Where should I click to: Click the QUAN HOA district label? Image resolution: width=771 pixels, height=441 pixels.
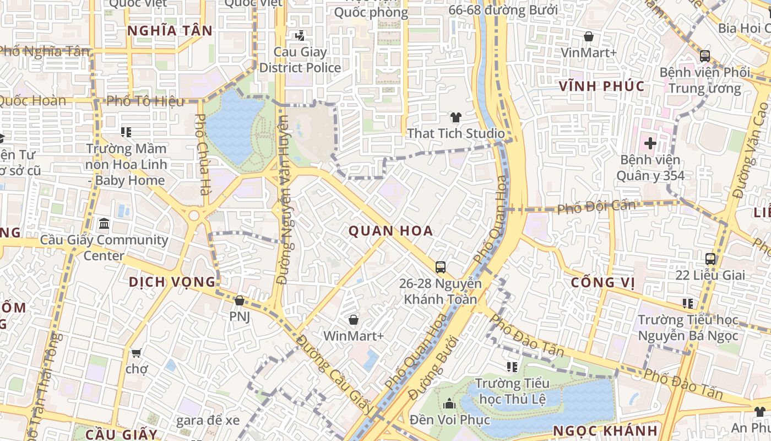(x=390, y=231)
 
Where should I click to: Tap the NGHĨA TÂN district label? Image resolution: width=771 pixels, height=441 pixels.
(x=170, y=31)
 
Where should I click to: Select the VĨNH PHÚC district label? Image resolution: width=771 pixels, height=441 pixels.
(x=601, y=87)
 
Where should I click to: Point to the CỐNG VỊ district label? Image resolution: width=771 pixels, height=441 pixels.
(x=602, y=283)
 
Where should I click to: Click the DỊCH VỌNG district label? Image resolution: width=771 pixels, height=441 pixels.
(x=172, y=282)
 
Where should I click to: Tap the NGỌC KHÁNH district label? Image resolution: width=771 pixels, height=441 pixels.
(x=605, y=431)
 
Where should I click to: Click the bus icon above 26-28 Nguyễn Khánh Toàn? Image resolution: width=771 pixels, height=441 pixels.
(x=440, y=267)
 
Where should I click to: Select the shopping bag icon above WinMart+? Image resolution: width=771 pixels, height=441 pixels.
(x=354, y=320)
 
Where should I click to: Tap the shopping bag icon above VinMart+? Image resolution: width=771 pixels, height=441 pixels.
(x=588, y=37)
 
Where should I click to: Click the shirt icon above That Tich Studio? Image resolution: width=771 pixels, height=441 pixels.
(x=455, y=117)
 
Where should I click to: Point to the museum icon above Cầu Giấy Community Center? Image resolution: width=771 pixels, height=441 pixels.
(x=104, y=224)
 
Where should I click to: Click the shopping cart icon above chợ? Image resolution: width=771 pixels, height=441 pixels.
(x=136, y=352)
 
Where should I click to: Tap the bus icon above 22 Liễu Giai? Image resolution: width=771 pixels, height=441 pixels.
(x=710, y=259)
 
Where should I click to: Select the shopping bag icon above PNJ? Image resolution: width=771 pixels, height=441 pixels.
(x=239, y=300)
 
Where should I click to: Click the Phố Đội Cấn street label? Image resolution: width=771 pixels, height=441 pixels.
(x=596, y=207)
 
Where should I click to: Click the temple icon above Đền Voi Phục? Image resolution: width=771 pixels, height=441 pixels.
(x=449, y=404)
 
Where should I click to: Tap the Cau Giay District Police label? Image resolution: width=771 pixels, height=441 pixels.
(x=300, y=60)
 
